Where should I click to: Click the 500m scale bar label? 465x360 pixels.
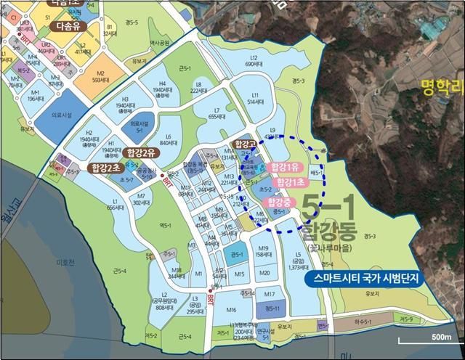(441, 337)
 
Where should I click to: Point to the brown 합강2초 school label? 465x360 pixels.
(106, 167)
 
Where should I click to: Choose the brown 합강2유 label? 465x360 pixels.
(140, 152)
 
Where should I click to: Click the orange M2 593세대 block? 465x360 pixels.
(100, 76)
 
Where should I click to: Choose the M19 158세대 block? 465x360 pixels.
(263, 251)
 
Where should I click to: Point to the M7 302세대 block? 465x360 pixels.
(142, 200)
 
